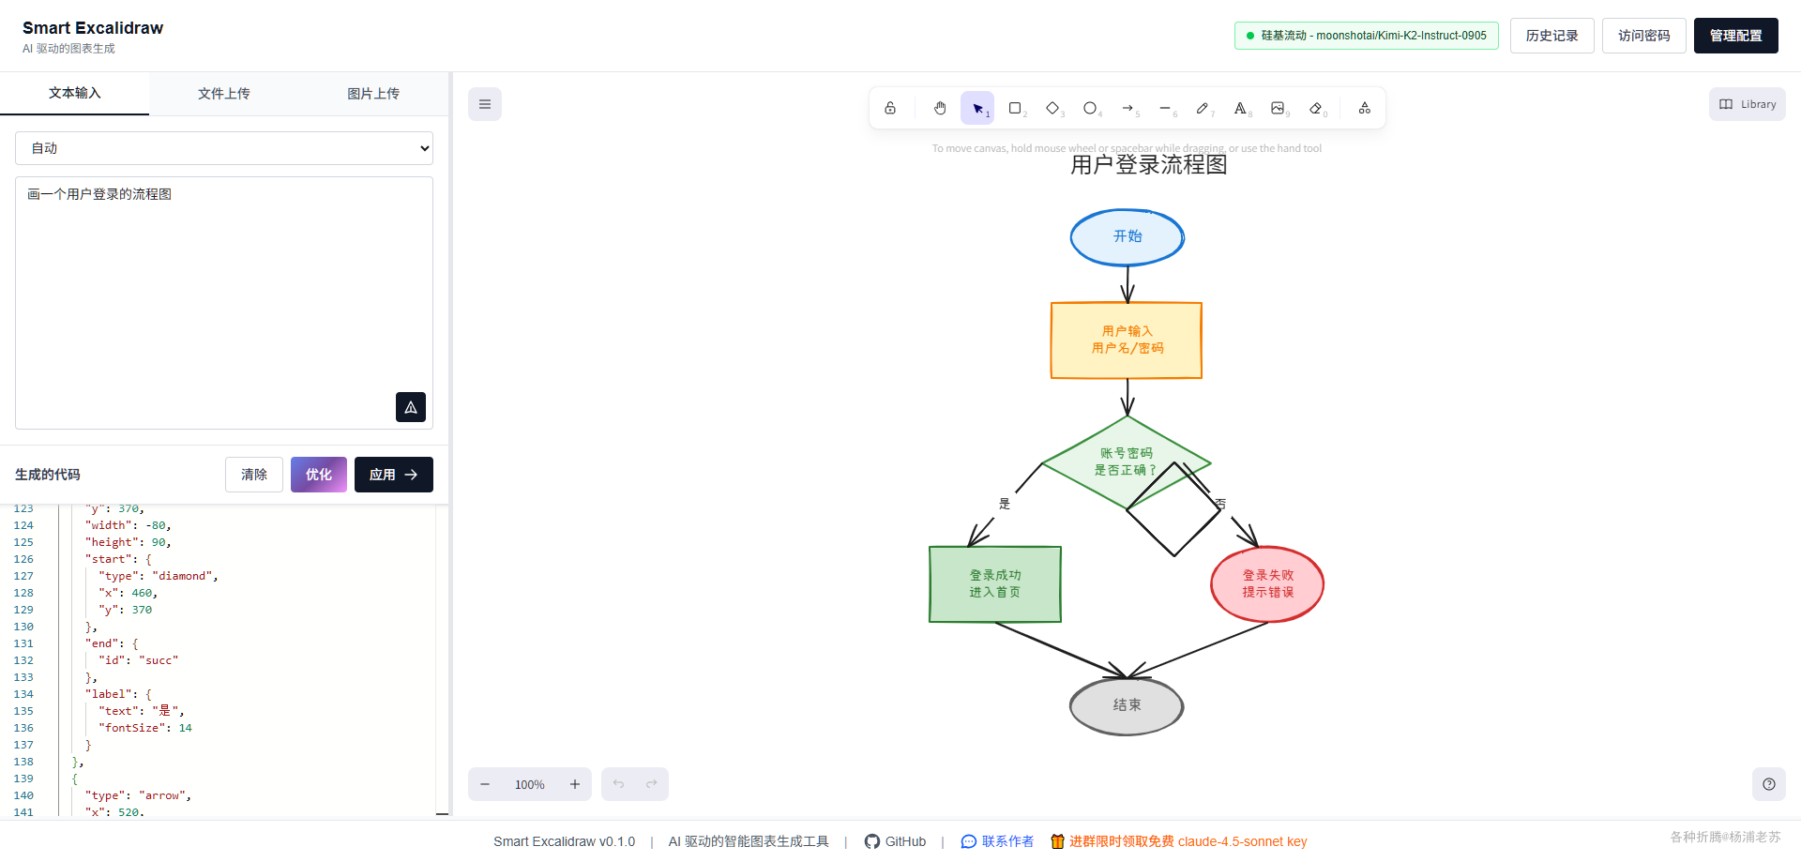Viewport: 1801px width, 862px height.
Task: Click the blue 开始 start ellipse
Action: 1127,237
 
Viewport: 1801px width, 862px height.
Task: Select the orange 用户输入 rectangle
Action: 1126,340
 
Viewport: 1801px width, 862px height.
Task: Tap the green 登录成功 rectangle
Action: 994,584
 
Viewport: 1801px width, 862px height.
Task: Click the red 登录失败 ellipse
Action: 1267,584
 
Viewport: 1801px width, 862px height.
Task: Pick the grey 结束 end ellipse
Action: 1127,705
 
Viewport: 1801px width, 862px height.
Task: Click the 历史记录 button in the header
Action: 1551,36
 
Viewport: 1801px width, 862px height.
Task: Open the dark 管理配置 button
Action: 1735,36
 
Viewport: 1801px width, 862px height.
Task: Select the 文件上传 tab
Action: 223,94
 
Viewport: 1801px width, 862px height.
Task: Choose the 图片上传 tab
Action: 373,94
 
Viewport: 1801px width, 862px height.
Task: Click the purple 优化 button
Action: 318,475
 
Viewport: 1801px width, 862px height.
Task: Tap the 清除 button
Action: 253,475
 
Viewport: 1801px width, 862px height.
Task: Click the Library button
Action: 1747,104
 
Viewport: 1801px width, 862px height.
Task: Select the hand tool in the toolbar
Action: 940,108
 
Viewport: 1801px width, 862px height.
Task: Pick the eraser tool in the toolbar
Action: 1316,108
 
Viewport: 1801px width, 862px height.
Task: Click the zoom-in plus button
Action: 575,784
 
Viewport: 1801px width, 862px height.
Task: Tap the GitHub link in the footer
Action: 896,841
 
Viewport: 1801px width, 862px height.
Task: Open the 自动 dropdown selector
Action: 224,148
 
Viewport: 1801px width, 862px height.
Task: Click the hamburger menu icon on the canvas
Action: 485,104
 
